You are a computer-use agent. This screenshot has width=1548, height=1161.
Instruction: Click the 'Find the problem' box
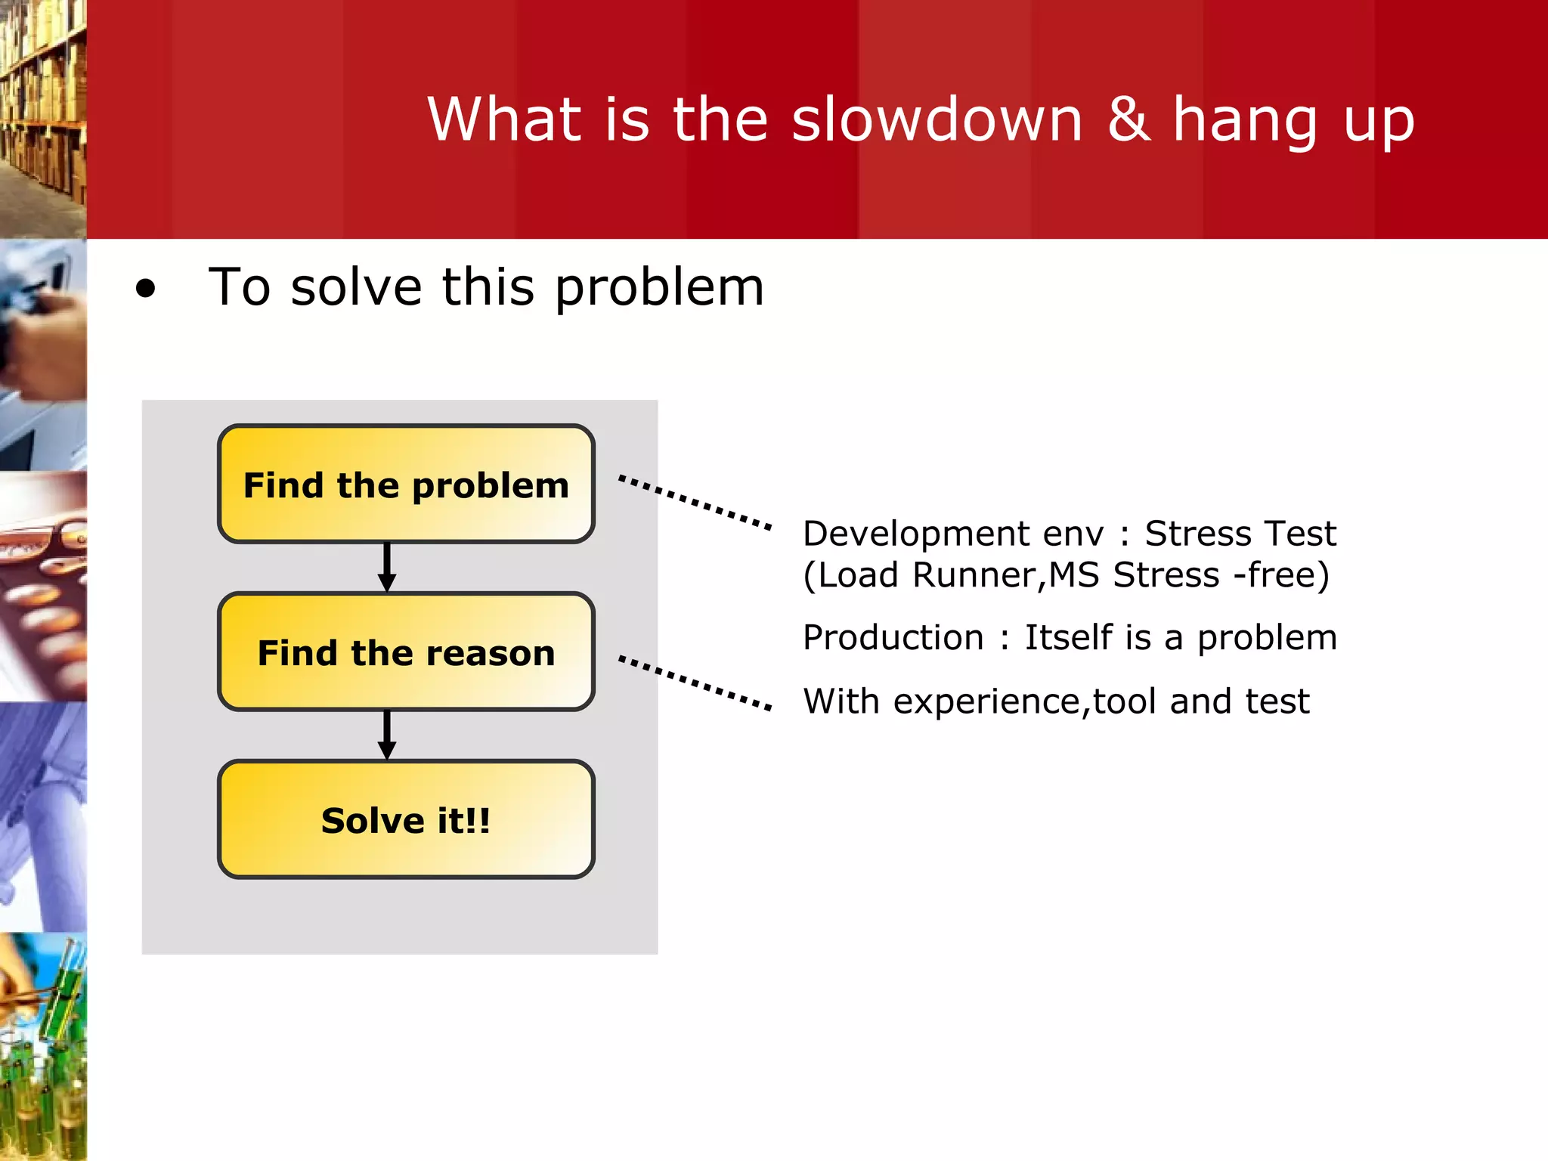(x=406, y=485)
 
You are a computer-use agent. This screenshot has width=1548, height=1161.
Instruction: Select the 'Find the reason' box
(x=406, y=652)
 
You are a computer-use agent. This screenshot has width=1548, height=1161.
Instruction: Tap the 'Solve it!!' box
(x=406, y=820)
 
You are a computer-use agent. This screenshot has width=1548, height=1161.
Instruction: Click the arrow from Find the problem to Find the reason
(x=387, y=567)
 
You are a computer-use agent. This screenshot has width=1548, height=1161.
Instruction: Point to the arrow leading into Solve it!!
(x=387, y=735)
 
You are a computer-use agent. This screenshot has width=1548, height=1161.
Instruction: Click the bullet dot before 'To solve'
(x=145, y=289)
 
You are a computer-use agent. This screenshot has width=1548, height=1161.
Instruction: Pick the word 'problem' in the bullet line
(x=659, y=289)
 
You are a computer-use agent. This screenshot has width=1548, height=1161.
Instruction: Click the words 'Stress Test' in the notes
(x=1240, y=534)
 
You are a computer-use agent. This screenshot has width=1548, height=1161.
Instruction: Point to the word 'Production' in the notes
(x=893, y=638)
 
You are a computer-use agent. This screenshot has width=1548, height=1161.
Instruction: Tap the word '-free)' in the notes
(x=1280, y=575)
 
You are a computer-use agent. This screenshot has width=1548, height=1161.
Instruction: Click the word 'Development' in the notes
(x=915, y=534)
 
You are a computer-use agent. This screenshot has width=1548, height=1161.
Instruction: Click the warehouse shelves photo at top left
(x=42, y=113)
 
